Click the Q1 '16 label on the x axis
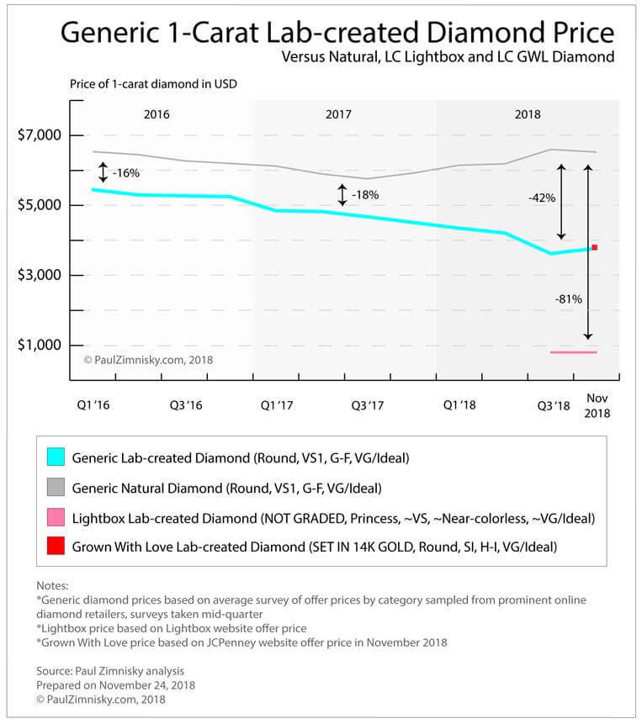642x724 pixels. click(x=93, y=405)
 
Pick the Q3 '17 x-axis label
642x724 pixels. click(x=368, y=405)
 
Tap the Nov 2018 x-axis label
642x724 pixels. click(x=597, y=405)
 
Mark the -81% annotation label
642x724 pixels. click(x=568, y=298)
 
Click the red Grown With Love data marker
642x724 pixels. click(x=594, y=247)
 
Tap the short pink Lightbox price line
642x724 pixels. click(x=573, y=352)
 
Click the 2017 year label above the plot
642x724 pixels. click(x=338, y=114)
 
